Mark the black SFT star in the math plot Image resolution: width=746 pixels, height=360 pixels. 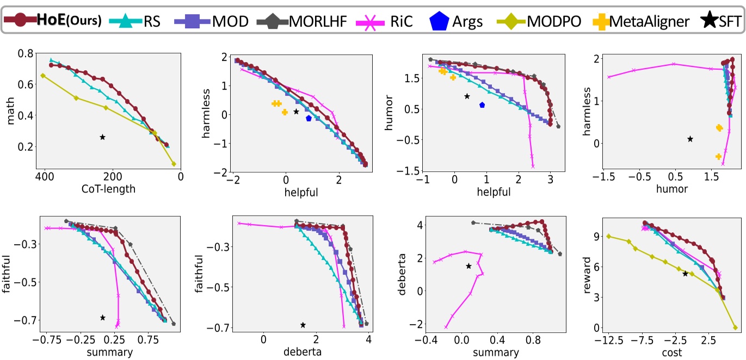coord(102,137)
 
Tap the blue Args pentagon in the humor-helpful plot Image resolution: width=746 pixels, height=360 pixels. coord(482,105)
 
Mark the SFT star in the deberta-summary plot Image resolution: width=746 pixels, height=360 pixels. coord(468,266)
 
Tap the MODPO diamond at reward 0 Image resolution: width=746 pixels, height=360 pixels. coord(735,327)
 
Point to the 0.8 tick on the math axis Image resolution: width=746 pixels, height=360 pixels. coord(27,53)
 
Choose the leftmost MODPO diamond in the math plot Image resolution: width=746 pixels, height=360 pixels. coord(43,76)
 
